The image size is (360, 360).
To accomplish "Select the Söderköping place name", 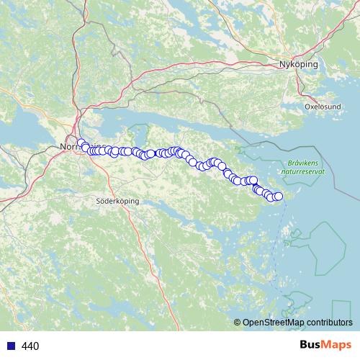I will (x=114, y=202).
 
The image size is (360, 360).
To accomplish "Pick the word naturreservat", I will (x=305, y=172).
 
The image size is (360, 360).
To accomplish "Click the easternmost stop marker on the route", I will (x=278, y=197).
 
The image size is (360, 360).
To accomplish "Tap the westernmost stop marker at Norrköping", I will (x=81, y=143).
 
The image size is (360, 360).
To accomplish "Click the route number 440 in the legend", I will (x=31, y=346).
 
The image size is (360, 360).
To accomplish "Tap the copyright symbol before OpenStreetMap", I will (x=238, y=323).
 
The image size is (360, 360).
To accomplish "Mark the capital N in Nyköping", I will (x=282, y=65).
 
